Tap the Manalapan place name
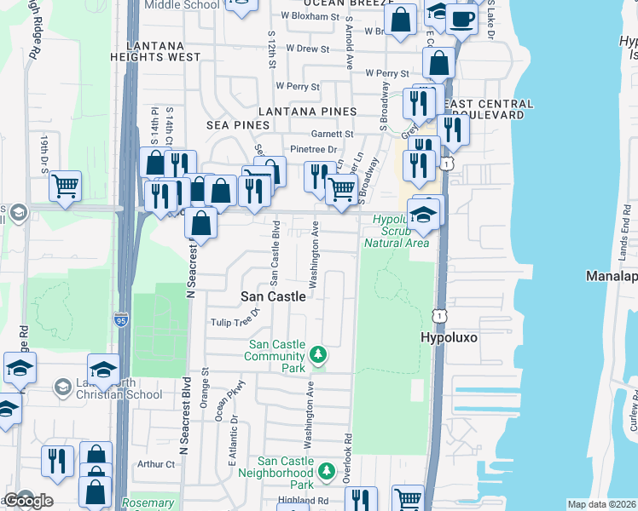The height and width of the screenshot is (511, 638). pos(611,277)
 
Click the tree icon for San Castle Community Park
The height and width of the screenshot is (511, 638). pos(318,354)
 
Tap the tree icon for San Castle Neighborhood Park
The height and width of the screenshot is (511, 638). pos(324,471)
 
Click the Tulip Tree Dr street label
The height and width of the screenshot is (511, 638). pos(234,322)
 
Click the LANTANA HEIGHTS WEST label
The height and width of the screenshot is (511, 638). pos(162,51)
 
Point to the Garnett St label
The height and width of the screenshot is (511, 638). pos(332,134)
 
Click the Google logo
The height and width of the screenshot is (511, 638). pos(27,501)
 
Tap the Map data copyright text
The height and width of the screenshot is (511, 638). pos(600,504)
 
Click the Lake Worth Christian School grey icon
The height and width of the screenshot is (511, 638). pos(62,388)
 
